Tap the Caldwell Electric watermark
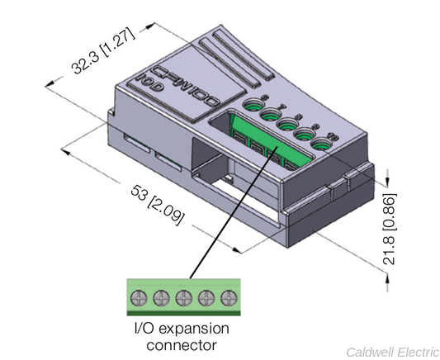[x=390, y=350]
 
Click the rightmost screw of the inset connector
[x=228, y=296]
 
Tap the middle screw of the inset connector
[x=182, y=296]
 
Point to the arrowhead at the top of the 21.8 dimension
[x=388, y=165]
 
